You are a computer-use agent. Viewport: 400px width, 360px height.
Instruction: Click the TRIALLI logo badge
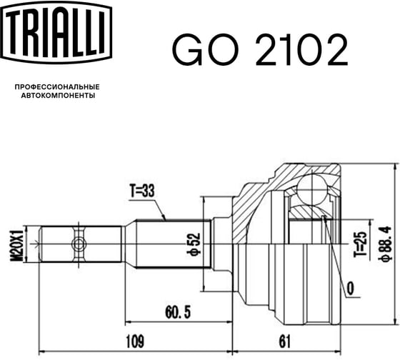point(56,32)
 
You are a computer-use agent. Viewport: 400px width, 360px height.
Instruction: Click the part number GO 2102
point(260,50)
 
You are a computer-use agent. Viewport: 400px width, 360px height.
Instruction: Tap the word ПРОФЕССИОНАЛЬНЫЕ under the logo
point(57,87)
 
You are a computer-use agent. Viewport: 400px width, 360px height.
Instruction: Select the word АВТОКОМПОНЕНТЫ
point(58,96)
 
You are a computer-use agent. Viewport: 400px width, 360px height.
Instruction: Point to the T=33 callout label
point(142,191)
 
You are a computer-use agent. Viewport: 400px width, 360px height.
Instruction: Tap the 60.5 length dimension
point(178,312)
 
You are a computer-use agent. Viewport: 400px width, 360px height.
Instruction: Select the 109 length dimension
point(135,341)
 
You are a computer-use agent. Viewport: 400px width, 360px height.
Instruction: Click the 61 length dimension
point(285,341)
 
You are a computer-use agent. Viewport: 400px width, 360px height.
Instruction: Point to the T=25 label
point(360,244)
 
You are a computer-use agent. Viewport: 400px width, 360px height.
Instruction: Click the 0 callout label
point(351,289)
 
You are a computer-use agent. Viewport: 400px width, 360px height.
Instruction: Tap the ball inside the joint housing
point(312,189)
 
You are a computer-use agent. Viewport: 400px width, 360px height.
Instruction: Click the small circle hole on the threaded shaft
point(78,244)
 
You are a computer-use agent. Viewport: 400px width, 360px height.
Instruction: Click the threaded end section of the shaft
point(80,244)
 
